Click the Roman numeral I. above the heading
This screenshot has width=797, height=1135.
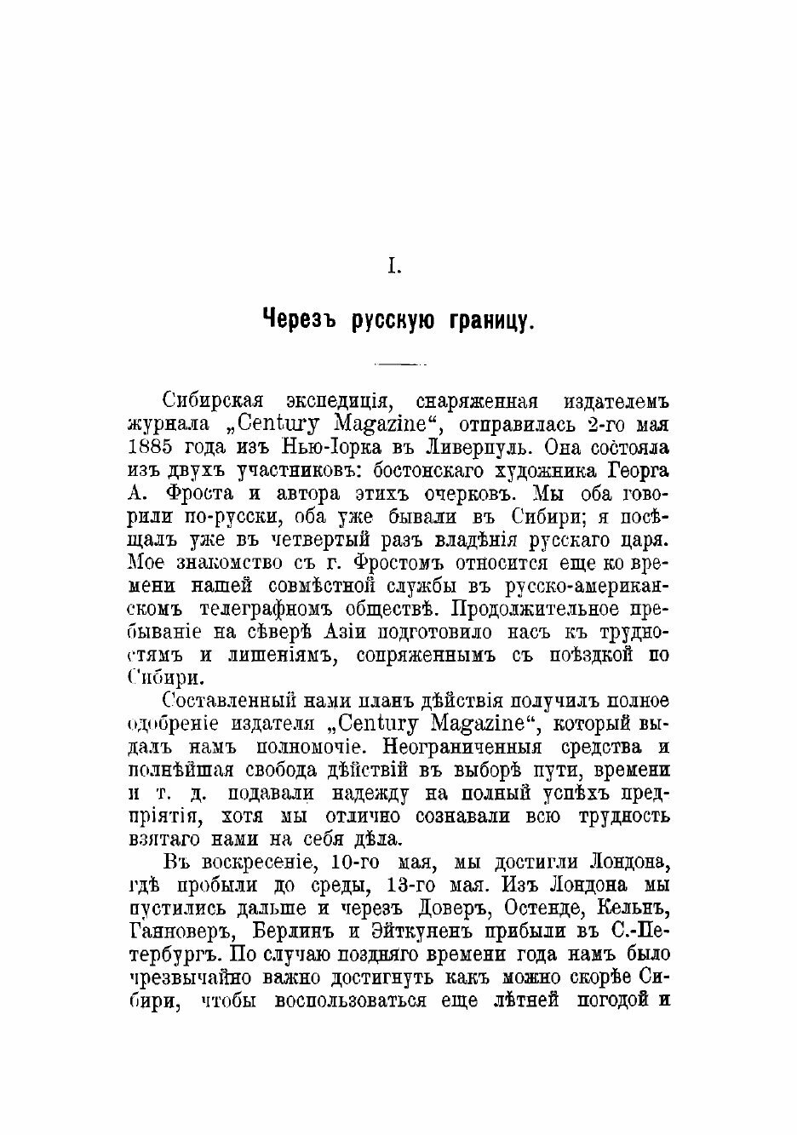394,267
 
